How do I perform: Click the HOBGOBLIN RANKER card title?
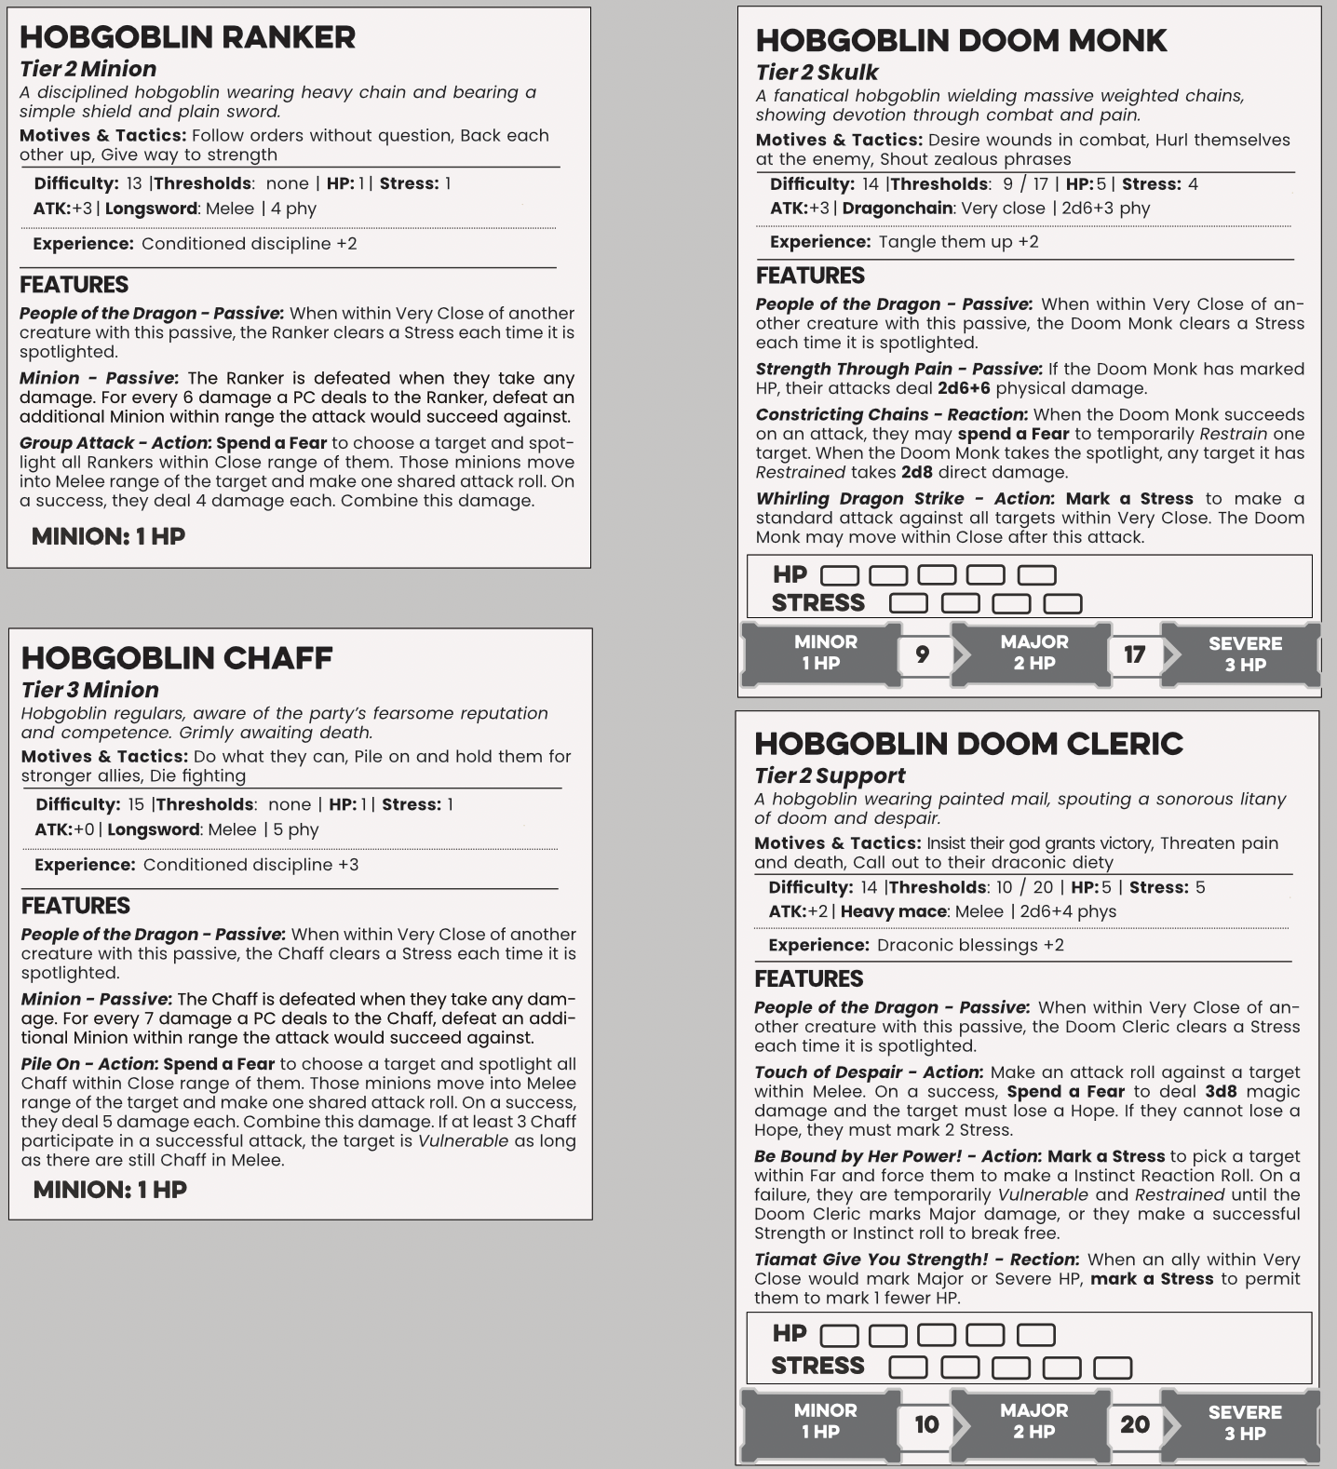pos(187,37)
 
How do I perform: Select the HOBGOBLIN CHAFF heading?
pos(177,658)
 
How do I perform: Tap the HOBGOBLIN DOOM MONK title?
pos(961,41)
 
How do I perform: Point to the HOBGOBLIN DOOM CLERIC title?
pos(968,744)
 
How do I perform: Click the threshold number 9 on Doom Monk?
pos(922,654)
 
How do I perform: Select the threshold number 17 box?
pos(1134,654)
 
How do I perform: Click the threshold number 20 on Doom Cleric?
pos(1134,1424)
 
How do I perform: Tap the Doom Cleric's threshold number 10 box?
pos(926,1424)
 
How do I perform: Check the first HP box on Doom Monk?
pos(839,575)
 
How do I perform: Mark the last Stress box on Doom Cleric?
pos(1112,1368)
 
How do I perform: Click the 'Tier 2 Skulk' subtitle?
pos(817,73)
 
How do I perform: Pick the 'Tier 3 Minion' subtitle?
pos(90,690)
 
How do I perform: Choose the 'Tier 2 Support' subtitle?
pos(830,775)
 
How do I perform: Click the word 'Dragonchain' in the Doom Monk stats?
pos(897,209)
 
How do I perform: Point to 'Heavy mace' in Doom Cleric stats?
pos(893,911)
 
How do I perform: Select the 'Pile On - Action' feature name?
pos(88,1064)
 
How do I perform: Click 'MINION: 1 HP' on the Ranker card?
pos(108,536)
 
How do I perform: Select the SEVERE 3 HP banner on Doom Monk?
pos(1244,654)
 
